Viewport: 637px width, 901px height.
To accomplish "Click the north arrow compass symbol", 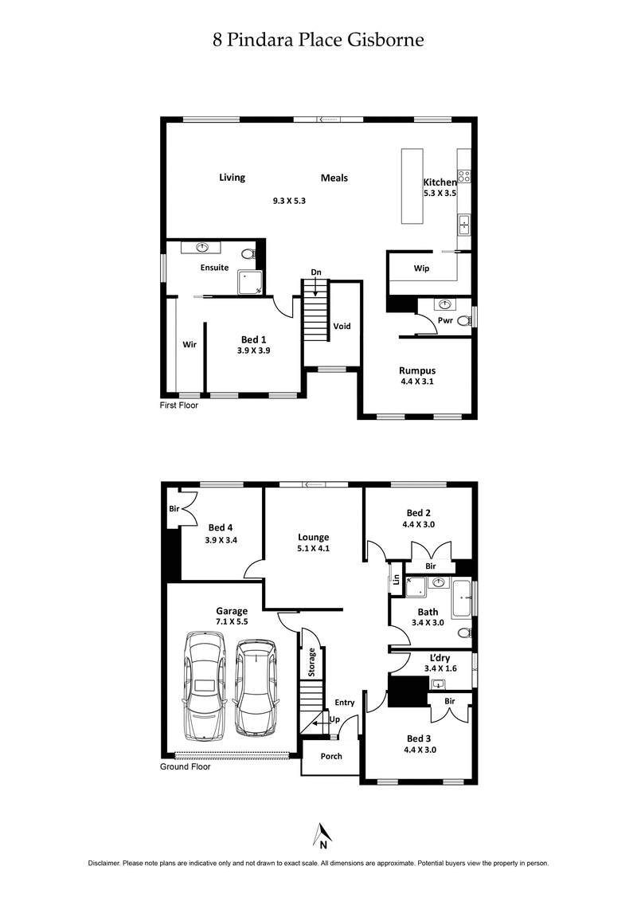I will pos(322,835).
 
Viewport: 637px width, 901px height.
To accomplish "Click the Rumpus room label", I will pos(416,370).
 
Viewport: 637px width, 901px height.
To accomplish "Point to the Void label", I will pos(342,326).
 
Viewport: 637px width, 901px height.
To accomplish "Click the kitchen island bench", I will pos(412,187).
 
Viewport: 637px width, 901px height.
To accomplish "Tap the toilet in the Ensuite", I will pos(248,254).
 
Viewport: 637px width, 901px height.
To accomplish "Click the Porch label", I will pos(330,756).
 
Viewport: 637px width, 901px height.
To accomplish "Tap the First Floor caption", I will pos(179,405).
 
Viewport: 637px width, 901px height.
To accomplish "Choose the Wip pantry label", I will pos(421,268).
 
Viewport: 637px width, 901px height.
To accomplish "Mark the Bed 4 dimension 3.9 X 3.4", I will pos(222,539).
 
